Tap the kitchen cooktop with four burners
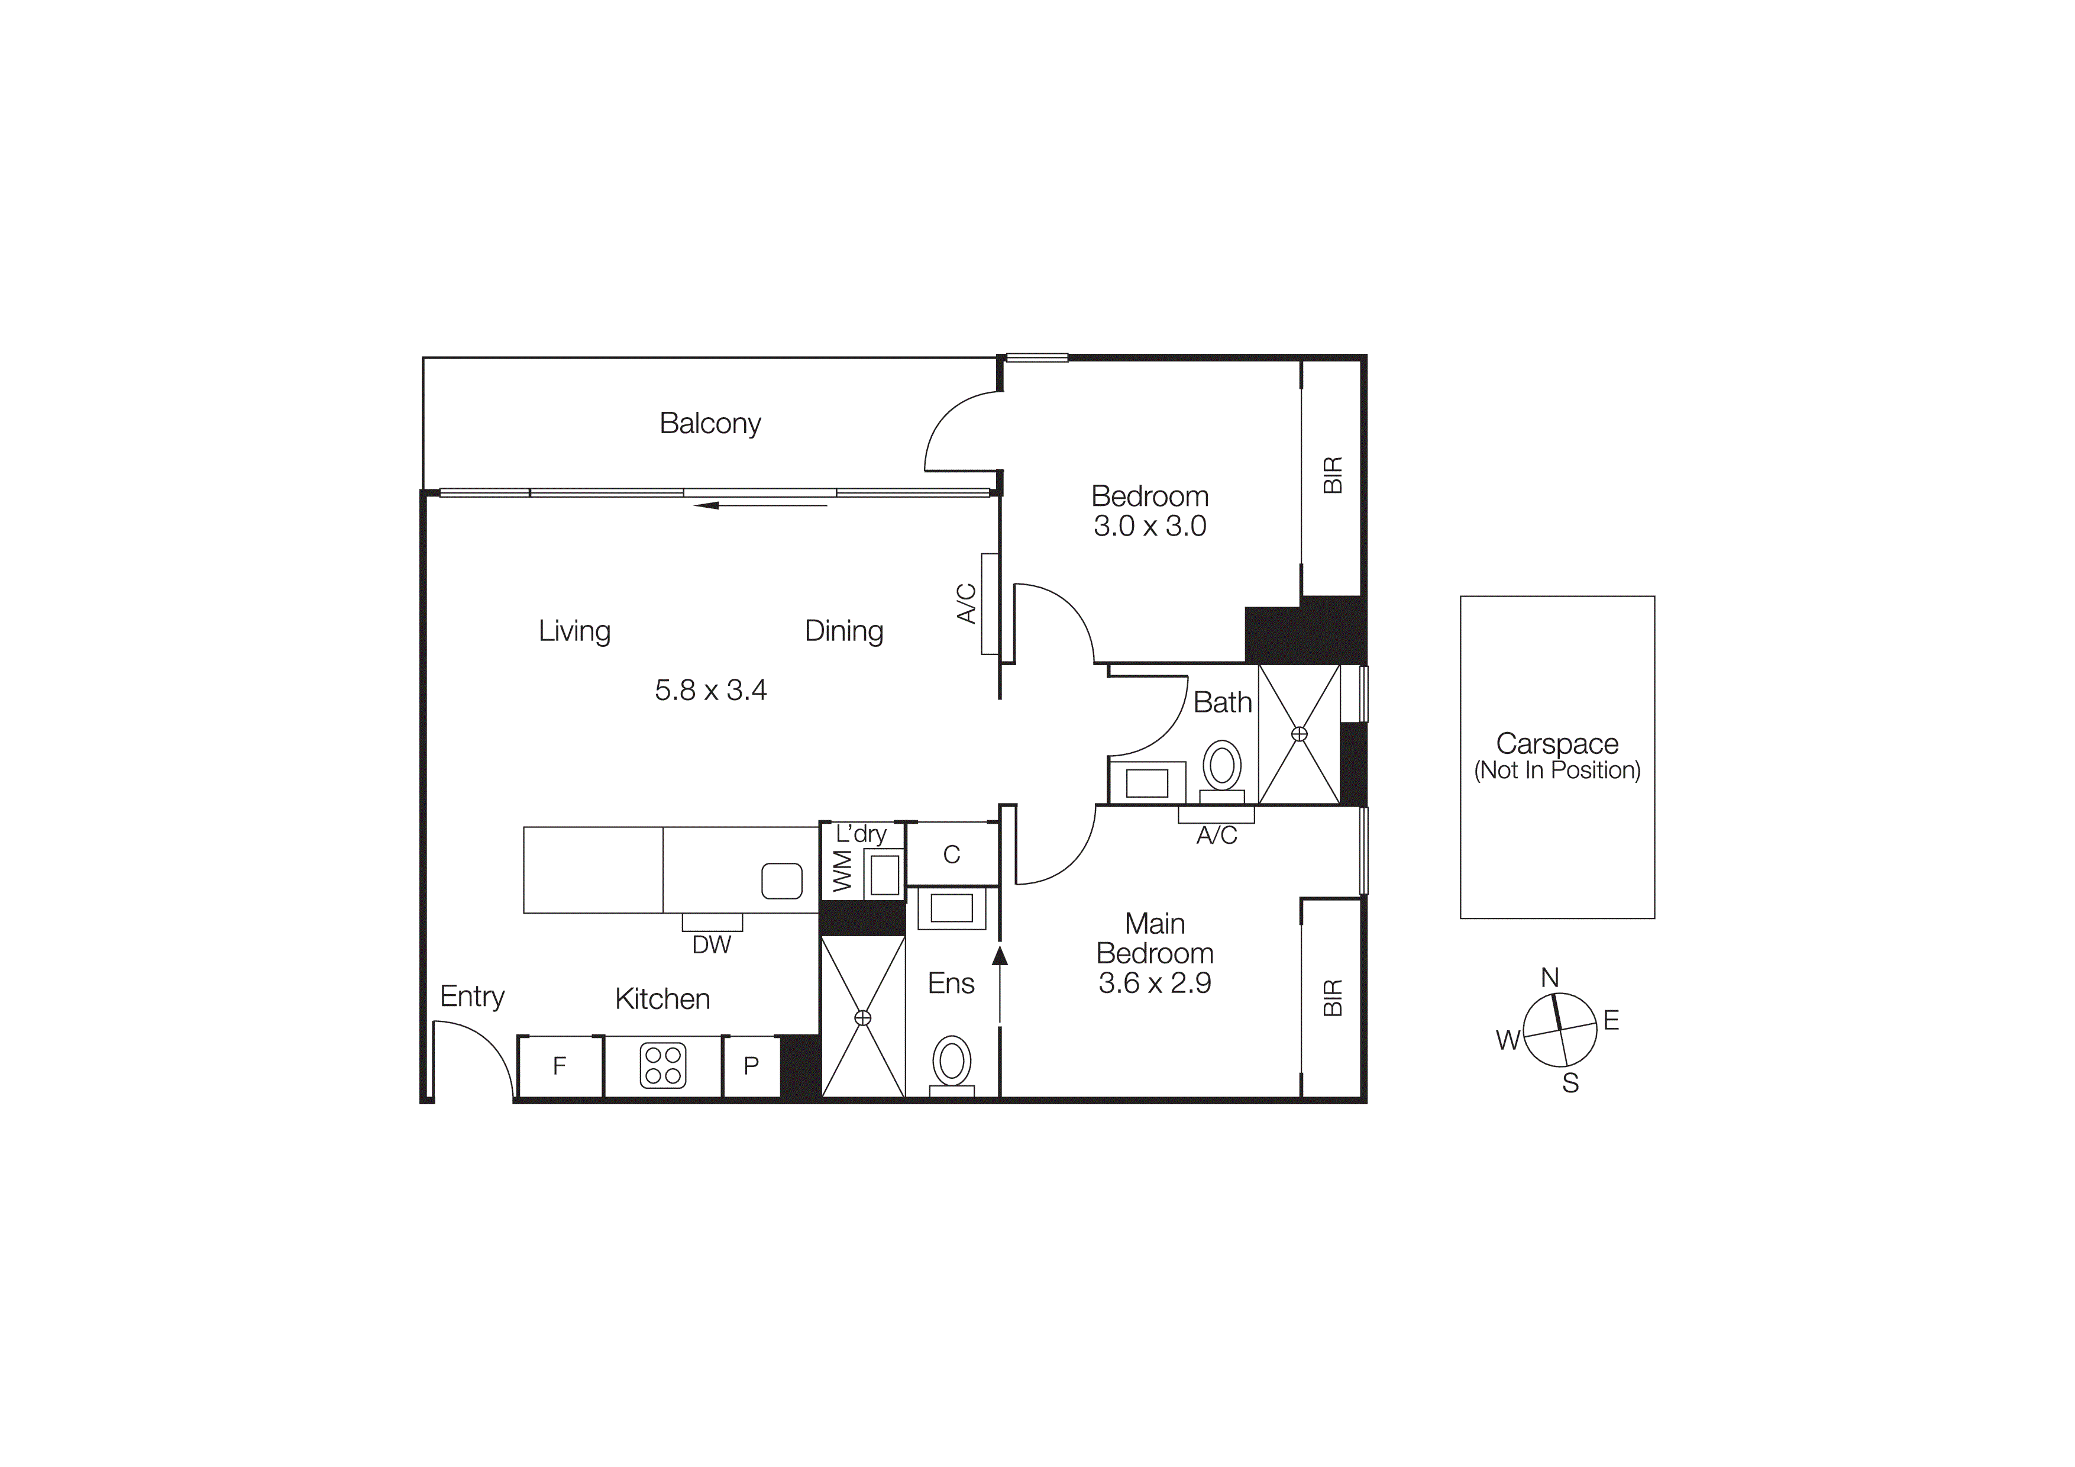[662, 1066]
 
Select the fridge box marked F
[560, 1066]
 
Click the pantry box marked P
[751, 1066]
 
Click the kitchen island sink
[782, 881]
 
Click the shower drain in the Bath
[1299, 734]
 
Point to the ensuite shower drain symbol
[862, 1018]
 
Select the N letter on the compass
[1549, 977]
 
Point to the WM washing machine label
[841, 870]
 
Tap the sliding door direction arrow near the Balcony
[759, 505]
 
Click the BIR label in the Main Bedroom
[1332, 997]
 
